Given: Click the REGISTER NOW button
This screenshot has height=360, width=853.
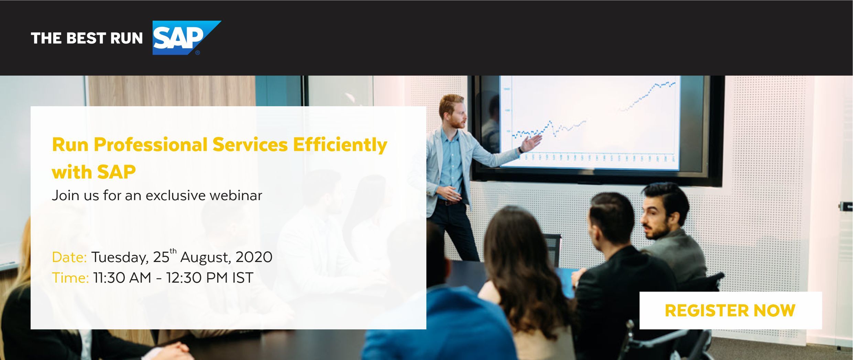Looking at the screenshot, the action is coord(731,310).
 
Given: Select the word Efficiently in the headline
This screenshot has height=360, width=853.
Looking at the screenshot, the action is coord(340,145).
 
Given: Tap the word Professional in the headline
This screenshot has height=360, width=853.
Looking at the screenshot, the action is coord(151,145).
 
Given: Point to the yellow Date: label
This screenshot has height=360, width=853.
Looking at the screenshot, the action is coord(69,257).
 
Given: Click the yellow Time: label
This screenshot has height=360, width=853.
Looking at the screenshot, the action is coord(70,278).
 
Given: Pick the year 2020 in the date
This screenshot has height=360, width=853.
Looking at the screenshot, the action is coord(254,257).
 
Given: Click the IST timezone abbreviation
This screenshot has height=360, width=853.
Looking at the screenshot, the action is coord(243,278).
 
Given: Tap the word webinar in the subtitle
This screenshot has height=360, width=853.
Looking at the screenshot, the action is coord(236,195).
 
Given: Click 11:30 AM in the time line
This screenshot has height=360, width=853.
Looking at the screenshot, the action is coord(122,278).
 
